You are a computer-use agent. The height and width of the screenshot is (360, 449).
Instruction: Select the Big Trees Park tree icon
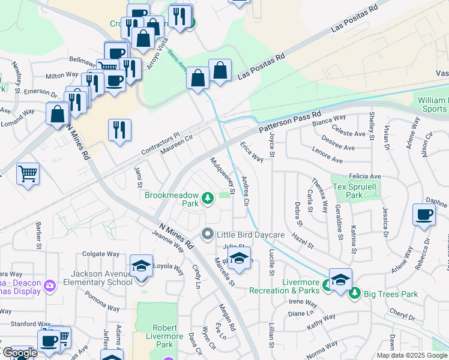354,293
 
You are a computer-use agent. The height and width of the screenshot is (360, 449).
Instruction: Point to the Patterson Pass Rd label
290,122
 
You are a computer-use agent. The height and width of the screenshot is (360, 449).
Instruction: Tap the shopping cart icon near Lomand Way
28,174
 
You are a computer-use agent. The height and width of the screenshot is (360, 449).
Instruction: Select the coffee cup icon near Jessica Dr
424,215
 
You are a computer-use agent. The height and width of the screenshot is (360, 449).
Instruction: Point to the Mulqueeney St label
221,176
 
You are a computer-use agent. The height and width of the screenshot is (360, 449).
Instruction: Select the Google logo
19,353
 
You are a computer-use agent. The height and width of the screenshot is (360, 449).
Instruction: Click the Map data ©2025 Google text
412,355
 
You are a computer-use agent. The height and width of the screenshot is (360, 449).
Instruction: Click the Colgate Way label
97,254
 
